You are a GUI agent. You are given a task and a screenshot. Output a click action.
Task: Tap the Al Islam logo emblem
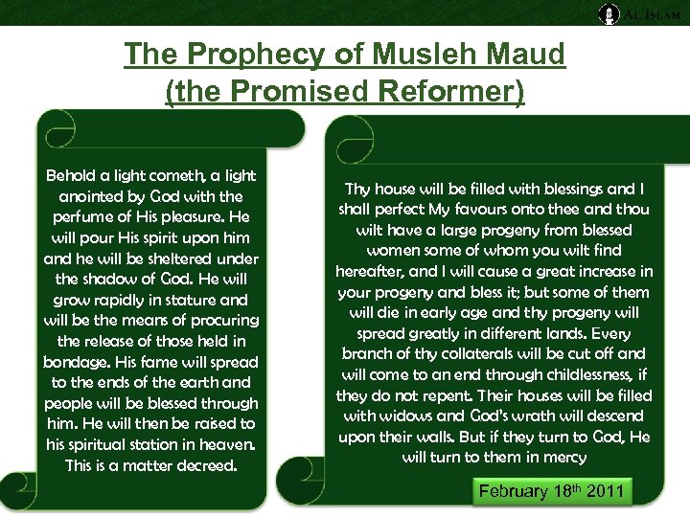[x=609, y=13]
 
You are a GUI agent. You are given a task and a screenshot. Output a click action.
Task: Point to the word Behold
[x=73, y=175]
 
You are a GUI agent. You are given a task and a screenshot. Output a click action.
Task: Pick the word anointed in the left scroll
[x=91, y=196]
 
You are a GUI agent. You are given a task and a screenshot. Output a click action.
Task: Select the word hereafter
[x=374, y=272]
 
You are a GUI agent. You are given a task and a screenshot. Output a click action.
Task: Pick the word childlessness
[x=581, y=374]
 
